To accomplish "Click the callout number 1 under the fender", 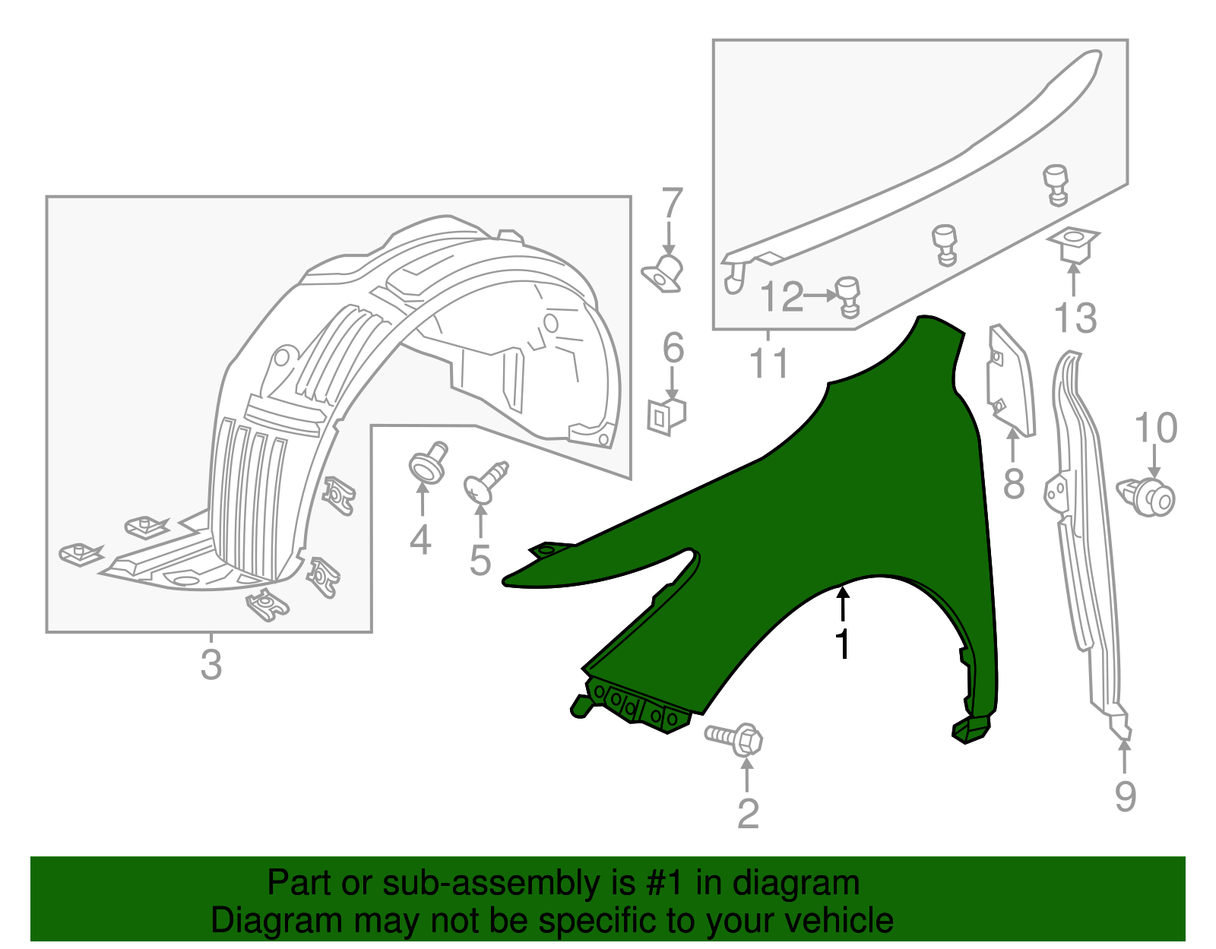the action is [x=843, y=644].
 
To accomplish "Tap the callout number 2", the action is [x=748, y=814].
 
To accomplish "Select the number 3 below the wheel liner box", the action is [x=211, y=665].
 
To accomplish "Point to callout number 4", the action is [x=420, y=539].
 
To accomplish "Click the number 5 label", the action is [x=480, y=560].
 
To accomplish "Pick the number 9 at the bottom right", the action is [x=1126, y=796].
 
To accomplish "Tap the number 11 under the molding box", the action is [x=769, y=362].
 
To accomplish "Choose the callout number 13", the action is [x=1075, y=318].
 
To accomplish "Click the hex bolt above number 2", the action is [x=734, y=739].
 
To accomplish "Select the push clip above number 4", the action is [x=429, y=463].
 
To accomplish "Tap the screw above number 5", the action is [x=486, y=482].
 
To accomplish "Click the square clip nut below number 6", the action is [x=667, y=416].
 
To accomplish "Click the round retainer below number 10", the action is [x=1146, y=498].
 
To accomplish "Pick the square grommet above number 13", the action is [x=1074, y=245].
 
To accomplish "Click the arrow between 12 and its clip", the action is [x=820, y=295].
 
